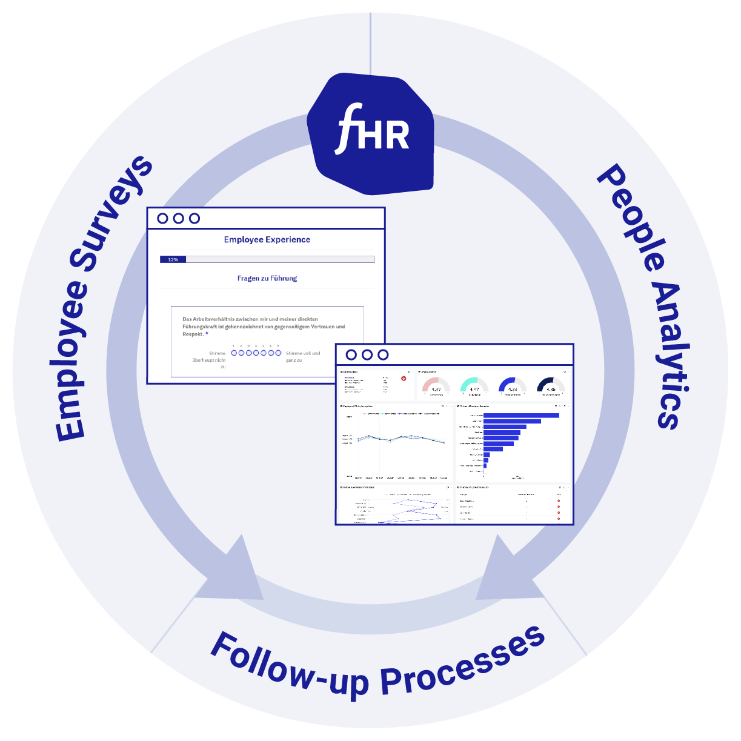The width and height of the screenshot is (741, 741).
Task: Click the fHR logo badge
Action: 371,134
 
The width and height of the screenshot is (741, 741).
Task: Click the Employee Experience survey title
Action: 267,240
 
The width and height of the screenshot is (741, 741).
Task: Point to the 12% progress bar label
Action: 173,259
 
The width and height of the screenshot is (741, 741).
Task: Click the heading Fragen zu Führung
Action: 267,279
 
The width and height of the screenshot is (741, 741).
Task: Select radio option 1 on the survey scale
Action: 234,353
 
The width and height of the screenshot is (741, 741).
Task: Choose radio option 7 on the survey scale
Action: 278,353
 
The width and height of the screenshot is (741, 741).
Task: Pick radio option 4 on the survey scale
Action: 256,353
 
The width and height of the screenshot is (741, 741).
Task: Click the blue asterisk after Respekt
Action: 207,334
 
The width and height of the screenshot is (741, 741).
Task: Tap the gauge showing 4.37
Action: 436,387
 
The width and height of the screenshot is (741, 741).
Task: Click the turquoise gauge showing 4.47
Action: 474,387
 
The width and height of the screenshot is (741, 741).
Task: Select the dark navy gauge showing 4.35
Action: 551,387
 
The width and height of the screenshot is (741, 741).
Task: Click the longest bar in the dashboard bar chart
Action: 521,415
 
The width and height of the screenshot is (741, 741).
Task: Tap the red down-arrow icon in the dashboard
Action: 404,379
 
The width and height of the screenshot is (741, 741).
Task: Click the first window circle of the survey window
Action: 162,218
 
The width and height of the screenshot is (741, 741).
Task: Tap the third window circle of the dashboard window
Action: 383,354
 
